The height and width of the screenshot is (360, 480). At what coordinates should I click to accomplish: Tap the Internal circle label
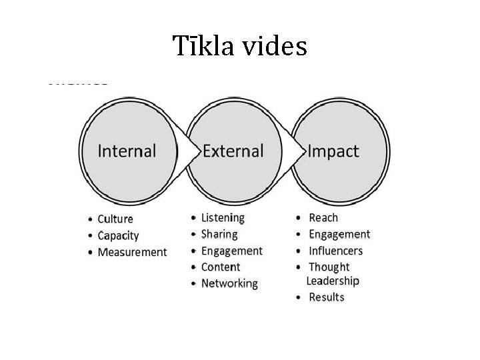(127, 151)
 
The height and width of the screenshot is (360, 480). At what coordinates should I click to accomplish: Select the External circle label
(233, 151)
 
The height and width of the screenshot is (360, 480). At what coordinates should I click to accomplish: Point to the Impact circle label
(333, 151)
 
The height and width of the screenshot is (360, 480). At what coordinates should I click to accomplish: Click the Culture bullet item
(115, 219)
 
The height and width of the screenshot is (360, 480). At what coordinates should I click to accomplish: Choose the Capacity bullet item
(118, 235)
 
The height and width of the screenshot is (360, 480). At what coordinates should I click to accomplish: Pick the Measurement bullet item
(132, 252)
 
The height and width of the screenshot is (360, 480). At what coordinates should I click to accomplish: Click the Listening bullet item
(223, 217)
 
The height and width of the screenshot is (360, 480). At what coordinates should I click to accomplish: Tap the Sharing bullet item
(219, 234)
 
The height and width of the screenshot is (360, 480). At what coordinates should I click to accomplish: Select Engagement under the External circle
(231, 251)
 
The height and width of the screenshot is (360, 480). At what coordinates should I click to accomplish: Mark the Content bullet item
(221, 267)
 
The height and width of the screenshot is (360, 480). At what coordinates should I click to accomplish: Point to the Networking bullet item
(229, 283)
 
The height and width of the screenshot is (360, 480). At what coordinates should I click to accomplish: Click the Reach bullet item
(324, 217)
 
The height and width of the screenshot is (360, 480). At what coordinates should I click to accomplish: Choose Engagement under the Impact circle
(339, 234)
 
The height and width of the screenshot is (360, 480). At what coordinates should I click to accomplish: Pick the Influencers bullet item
(336, 251)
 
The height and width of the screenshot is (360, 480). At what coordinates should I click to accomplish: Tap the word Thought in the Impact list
(329, 267)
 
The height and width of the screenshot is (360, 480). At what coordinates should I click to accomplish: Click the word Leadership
(333, 281)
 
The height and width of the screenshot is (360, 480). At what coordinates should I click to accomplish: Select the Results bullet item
(327, 297)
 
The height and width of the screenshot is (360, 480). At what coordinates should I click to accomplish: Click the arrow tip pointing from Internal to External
(199, 151)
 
